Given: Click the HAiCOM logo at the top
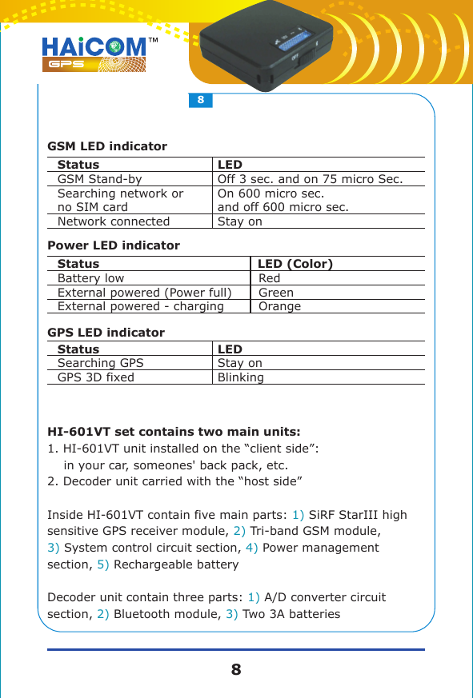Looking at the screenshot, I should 94,53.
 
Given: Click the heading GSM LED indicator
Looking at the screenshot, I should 107,147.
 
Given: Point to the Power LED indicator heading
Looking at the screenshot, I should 114,245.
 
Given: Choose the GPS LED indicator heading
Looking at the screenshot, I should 106,333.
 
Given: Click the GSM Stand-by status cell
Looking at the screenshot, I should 100,179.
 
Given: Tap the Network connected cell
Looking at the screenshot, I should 114,221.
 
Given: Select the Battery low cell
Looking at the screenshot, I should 90,278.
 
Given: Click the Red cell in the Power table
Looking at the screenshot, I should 270,278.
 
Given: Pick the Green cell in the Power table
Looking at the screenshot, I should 276,293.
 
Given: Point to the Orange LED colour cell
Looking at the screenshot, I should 280,306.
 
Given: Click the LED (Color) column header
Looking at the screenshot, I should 295,264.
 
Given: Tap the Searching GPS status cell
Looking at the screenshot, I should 101,363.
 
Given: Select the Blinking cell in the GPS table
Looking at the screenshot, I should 241,377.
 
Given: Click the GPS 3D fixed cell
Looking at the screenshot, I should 96,377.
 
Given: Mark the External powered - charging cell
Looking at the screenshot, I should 141,306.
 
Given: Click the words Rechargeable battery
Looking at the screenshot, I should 176,565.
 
